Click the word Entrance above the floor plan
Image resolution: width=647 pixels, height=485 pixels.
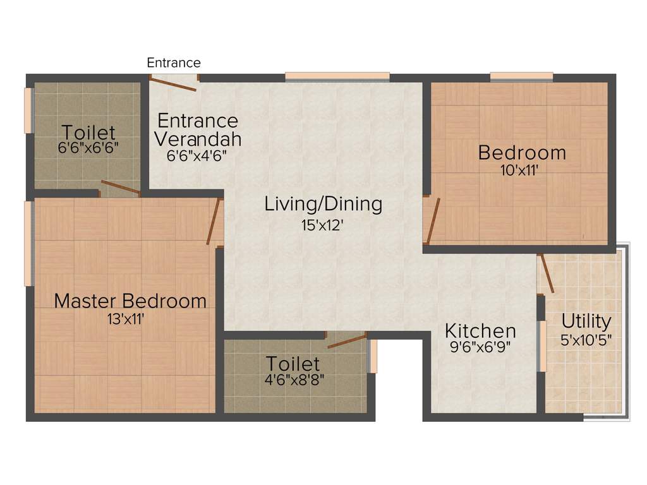point(174,63)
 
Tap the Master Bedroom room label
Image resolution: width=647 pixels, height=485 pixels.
point(130,301)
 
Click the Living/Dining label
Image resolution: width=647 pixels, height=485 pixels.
point(323,204)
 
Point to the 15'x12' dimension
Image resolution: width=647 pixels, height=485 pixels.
point(322,225)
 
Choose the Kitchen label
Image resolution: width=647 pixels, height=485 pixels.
point(480,330)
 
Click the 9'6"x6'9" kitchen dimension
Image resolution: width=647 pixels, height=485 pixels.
point(480,346)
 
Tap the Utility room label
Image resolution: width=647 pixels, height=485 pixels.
point(586,321)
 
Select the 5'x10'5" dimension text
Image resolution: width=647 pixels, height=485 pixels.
point(586,339)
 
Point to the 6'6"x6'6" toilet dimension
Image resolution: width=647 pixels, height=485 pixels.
point(88,149)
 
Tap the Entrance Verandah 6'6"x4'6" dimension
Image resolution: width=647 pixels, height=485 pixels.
point(197,155)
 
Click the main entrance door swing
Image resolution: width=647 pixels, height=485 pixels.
point(174,83)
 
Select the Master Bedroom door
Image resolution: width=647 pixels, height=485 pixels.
point(214,222)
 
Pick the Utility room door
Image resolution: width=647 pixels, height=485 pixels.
point(547,273)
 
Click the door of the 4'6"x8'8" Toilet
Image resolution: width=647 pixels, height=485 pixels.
point(346,341)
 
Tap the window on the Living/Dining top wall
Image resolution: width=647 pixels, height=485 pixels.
point(337,76)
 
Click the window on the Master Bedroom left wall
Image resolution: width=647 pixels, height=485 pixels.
point(28,243)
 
